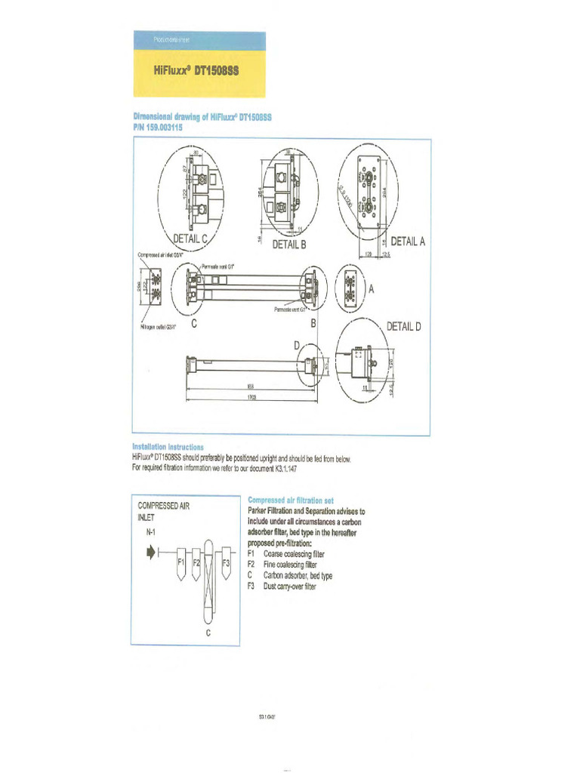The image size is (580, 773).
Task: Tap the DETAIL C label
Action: coord(190,239)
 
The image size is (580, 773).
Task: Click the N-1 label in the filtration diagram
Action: coord(152,533)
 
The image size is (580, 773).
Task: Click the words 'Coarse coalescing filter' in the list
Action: coord(289,553)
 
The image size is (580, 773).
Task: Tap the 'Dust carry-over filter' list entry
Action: coord(289,587)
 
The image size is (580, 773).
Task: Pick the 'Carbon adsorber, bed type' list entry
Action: coord(297,575)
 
